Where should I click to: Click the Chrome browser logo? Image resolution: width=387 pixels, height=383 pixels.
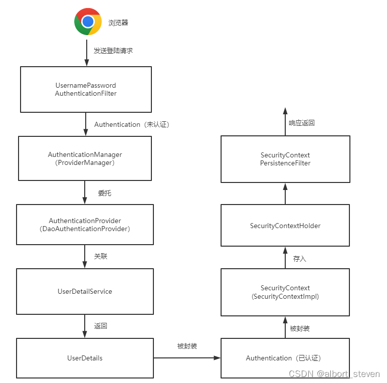[x=88, y=22]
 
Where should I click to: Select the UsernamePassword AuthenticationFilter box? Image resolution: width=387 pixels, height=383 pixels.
[x=86, y=89]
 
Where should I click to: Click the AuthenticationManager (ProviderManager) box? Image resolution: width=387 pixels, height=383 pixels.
[x=85, y=158]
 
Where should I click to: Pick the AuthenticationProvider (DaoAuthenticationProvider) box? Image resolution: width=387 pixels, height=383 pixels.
[x=85, y=225]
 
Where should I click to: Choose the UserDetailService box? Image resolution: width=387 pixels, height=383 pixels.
[x=85, y=291]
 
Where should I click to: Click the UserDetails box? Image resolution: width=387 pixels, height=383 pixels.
[x=85, y=358]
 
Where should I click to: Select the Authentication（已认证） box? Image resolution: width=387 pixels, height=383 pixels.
[x=285, y=358]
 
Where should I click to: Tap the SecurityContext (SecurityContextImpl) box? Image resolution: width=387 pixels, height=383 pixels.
[x=285, y=292]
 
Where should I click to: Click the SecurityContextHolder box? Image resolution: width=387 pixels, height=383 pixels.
[x=285, y=226]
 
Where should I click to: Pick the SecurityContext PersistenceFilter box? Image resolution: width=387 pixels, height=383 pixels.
[x=285, y=159]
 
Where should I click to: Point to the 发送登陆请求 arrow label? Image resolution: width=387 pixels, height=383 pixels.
[x=113, y=51]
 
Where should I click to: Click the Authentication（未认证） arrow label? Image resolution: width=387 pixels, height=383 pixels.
[x=132, y=124]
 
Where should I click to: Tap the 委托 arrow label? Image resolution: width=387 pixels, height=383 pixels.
[x=104, y=193]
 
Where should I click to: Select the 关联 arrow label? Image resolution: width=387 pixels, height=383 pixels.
[x=101, y=256]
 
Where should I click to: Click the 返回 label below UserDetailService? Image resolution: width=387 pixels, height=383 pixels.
[x=101, y=326]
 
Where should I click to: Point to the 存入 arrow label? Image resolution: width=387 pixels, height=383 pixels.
[x=300, y=259]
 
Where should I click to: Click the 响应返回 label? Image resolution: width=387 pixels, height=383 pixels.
[x=302, y=123]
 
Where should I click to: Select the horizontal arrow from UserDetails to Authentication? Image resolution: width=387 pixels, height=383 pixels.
[x=187, y=358]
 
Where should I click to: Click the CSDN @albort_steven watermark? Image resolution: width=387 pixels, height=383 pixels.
[x=334, y=374]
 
